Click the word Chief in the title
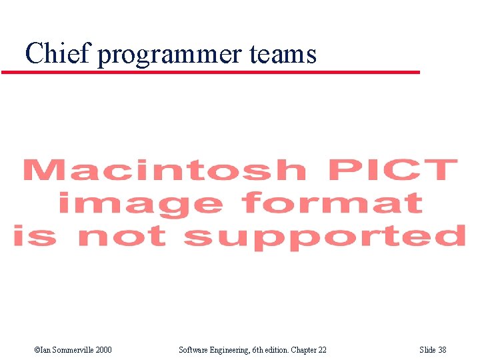pos(57,53)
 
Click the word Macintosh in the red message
pos(164,171)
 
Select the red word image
pos(140,203)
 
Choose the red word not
pos(123,236)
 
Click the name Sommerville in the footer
pos(71,350)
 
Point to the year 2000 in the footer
pos(103,350)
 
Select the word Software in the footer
pos(195,350)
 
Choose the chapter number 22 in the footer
pos(323,350)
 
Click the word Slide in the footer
pos(427,350)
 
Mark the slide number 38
pos(443,350)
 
